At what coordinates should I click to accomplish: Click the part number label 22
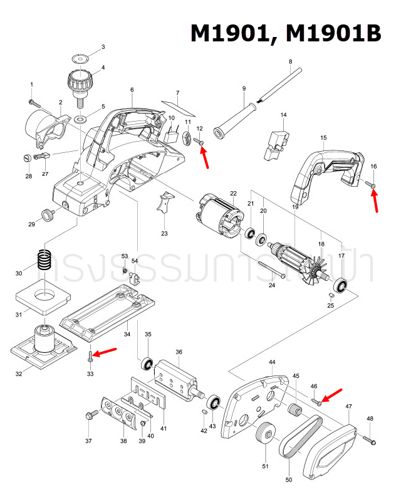[x=233, y=193]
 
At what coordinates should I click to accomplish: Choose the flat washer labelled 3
[x=80, y=58]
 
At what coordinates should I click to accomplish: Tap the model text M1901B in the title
[x=332, y=33]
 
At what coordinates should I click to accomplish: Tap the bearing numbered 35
[x=148, y=364]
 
